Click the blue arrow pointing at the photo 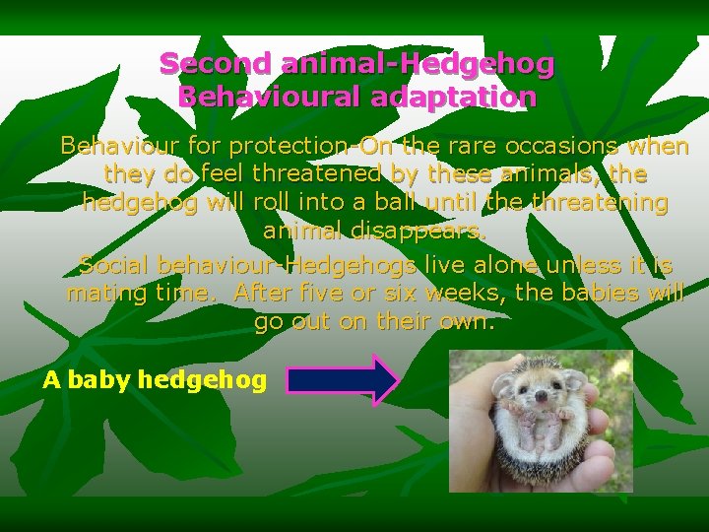pos(341,379)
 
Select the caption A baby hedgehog pos(155,380)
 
